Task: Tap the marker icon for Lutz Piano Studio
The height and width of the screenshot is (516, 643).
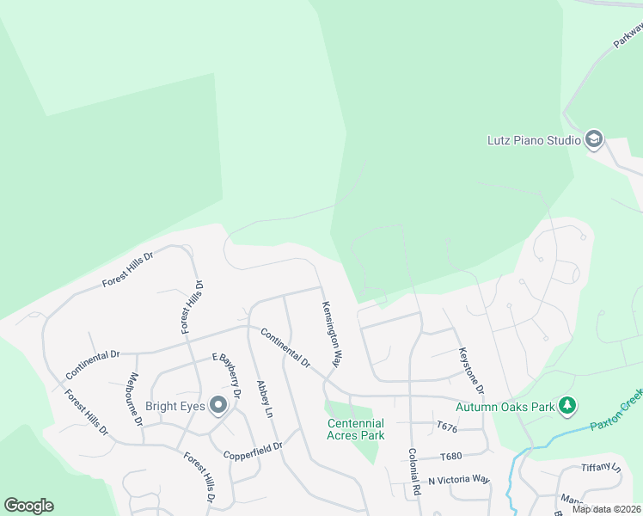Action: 593,139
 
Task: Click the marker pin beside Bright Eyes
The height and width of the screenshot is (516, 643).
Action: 218,404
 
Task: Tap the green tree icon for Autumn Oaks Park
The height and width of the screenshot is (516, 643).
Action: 566,405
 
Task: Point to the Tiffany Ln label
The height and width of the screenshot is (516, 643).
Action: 602,468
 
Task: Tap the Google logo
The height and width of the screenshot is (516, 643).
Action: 28,506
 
